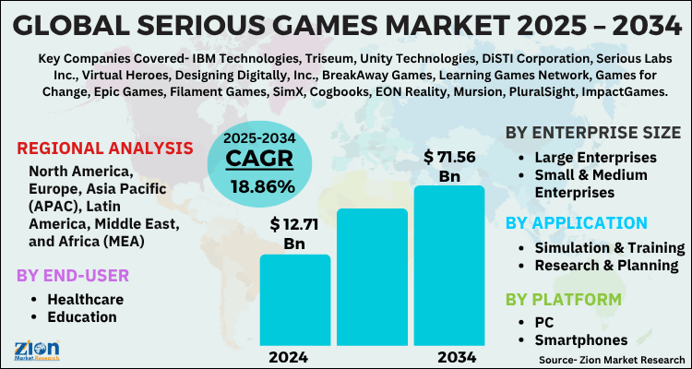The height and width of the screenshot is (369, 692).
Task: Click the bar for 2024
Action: tap(294, 299)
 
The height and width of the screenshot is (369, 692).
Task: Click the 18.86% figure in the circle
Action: tap(260, 186)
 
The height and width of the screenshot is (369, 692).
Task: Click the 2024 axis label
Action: tap(293, 356)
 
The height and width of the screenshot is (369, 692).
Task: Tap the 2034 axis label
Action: tap(448, 356)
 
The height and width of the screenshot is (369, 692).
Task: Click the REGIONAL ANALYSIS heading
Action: tap(105, 149)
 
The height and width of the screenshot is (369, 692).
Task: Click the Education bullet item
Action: tap(84, 316)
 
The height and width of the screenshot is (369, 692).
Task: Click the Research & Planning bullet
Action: tap(608, 266)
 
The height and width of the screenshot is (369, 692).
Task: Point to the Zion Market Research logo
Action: tap(38, 348)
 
